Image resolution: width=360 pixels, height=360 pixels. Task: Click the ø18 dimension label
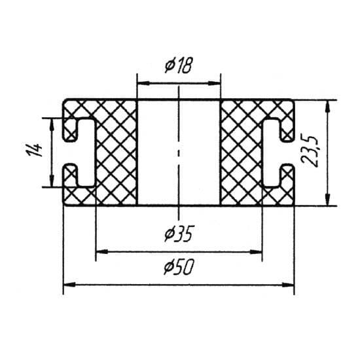pos(178,65)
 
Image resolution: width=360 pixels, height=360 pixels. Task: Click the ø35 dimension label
pos(179,234)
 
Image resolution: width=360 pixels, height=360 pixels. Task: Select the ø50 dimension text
pos(179,267)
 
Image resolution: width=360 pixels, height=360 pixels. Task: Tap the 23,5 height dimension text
pos(310,152)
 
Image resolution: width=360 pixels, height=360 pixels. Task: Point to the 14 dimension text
pos(35,149)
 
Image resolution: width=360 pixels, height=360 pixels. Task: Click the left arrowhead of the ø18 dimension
pos(143,83)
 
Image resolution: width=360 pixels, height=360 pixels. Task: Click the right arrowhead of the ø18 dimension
pos(214,83)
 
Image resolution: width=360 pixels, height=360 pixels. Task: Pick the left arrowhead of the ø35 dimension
pos(102,252)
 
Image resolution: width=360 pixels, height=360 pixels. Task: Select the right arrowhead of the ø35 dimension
pos(256,252)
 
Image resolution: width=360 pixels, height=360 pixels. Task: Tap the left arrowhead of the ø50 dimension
pos(69,285)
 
